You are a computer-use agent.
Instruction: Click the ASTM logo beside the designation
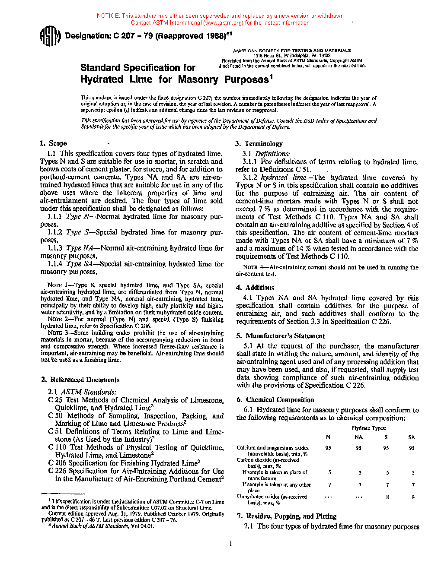(x=50, y=36)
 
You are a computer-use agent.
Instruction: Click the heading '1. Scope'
(x=54, y=143)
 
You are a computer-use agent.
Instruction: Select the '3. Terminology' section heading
(x=259, y=143)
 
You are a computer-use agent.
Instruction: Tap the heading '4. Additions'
(x=256, y=288)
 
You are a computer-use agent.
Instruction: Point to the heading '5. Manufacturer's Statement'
(x=281, y=336)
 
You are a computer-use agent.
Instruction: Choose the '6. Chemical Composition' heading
(x=275, y=400)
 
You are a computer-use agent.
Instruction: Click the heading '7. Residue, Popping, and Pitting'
(x=287, y=516)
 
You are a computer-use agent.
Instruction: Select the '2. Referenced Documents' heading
(x=80, y=380)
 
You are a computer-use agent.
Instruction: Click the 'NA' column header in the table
(x=358, y=437)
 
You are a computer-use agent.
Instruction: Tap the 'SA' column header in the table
(x=412, y=437)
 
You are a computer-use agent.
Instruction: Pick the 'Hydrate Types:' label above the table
(x=369, y=428)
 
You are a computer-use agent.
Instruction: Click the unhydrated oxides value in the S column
(x=387, y=497)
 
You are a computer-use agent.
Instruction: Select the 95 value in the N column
(x=328, y=448)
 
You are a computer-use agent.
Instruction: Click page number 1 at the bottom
(x=230, y=543)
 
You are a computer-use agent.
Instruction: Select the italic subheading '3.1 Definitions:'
(x=266, y=154)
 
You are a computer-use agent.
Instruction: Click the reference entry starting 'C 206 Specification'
(x=124, y=463)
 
